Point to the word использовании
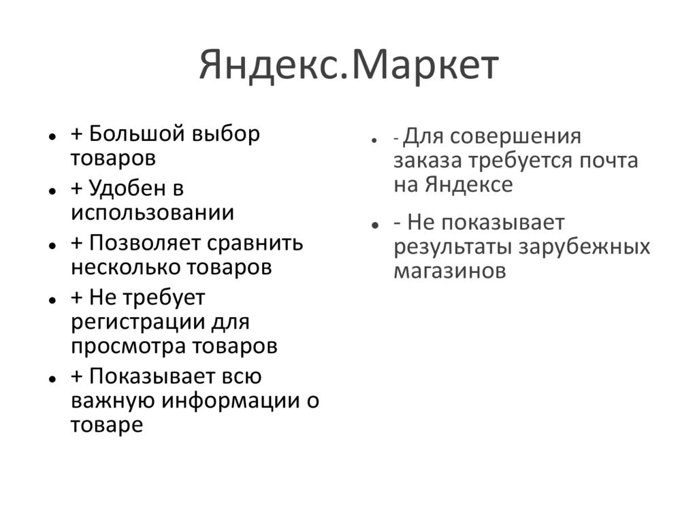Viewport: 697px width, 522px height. (152, 212)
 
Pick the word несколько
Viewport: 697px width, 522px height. (116, 267)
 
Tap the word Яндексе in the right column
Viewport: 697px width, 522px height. (470, 184)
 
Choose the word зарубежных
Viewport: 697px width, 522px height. (585, 246)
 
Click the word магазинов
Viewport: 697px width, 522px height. (450, 270)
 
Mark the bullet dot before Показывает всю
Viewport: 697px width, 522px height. (52, 378)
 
